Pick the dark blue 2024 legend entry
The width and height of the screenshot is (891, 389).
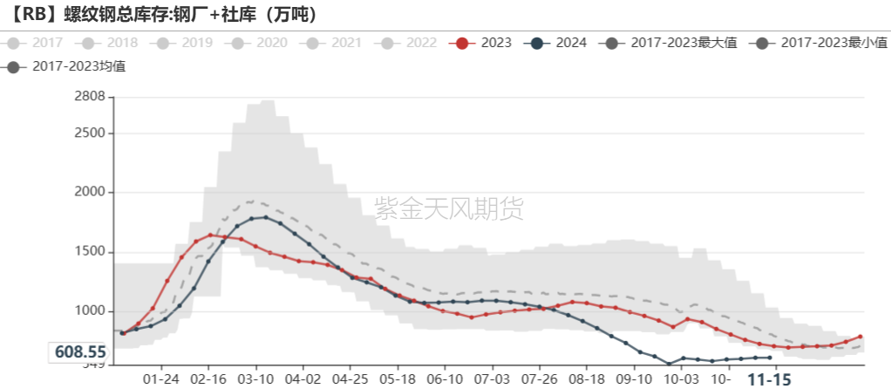point(558,42)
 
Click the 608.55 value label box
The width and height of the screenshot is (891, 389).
point(80,352)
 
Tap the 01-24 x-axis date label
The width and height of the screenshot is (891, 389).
point(160,379)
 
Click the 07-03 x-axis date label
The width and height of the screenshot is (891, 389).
point(492,379)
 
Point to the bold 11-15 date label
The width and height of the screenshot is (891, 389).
point(771,379)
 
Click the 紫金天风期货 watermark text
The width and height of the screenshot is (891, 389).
point(449,208)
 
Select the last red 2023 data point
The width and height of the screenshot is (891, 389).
point(860,336)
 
